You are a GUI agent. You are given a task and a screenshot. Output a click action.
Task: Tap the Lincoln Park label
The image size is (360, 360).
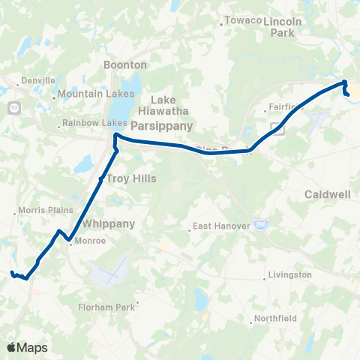283,27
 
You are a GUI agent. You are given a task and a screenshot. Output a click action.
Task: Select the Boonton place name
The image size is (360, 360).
120,65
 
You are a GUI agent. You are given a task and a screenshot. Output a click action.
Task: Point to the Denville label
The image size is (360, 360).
38,80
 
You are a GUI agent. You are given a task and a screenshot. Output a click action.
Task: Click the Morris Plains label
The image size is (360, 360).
40,211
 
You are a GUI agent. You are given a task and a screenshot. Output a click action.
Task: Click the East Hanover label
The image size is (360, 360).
216,225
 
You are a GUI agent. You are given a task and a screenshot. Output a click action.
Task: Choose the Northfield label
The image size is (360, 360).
276,318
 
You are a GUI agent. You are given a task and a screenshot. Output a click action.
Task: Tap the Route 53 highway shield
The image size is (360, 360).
13,109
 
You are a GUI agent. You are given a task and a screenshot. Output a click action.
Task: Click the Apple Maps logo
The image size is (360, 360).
27,347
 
